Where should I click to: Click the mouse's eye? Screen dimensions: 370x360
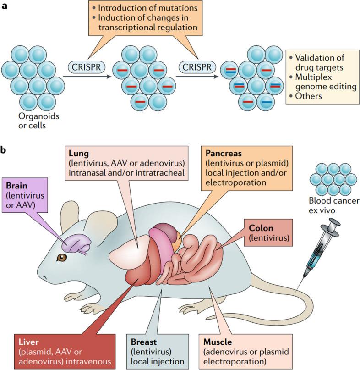61,258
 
